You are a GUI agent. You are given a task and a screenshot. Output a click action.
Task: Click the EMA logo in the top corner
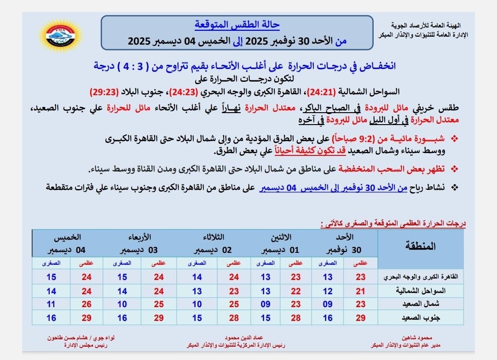click(x=59, y=35)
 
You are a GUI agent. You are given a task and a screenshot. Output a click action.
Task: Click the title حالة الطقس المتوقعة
click(x=237, y=25)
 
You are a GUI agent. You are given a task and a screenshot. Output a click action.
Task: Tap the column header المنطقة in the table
click(x=420, y=246)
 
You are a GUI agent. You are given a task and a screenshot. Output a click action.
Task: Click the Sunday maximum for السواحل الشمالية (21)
click(x=360, y=291)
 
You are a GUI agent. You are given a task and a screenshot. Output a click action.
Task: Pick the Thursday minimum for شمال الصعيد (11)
click(x=52, y=304)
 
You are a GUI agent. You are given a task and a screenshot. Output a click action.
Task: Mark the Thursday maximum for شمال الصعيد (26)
click(x=87, y=304)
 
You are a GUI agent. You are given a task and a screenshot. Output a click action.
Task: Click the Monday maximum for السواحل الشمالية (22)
click(x=295, y=291)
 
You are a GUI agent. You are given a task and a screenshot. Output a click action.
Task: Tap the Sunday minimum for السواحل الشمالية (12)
click(x=328, y=291)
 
